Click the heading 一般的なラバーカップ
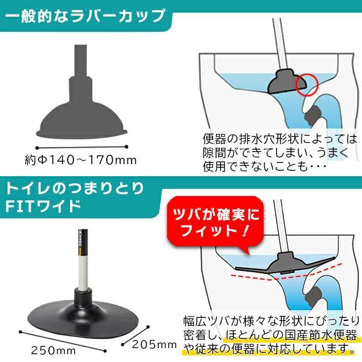(85, 16)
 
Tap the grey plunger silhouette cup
(81, 120)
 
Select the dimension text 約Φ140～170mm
(81, 160)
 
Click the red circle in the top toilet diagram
(307, 84)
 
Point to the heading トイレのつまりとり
(74, 188)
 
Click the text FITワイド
(43, 206)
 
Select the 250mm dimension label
(53, 351)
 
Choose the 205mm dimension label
(154, 345)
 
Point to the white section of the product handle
(83, 273)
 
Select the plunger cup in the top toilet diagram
(287, 82)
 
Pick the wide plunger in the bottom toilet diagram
(285, 264)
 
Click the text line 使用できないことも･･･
(264, 166)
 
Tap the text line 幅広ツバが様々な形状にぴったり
(271, 321)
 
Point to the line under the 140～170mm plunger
(81, 147)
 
